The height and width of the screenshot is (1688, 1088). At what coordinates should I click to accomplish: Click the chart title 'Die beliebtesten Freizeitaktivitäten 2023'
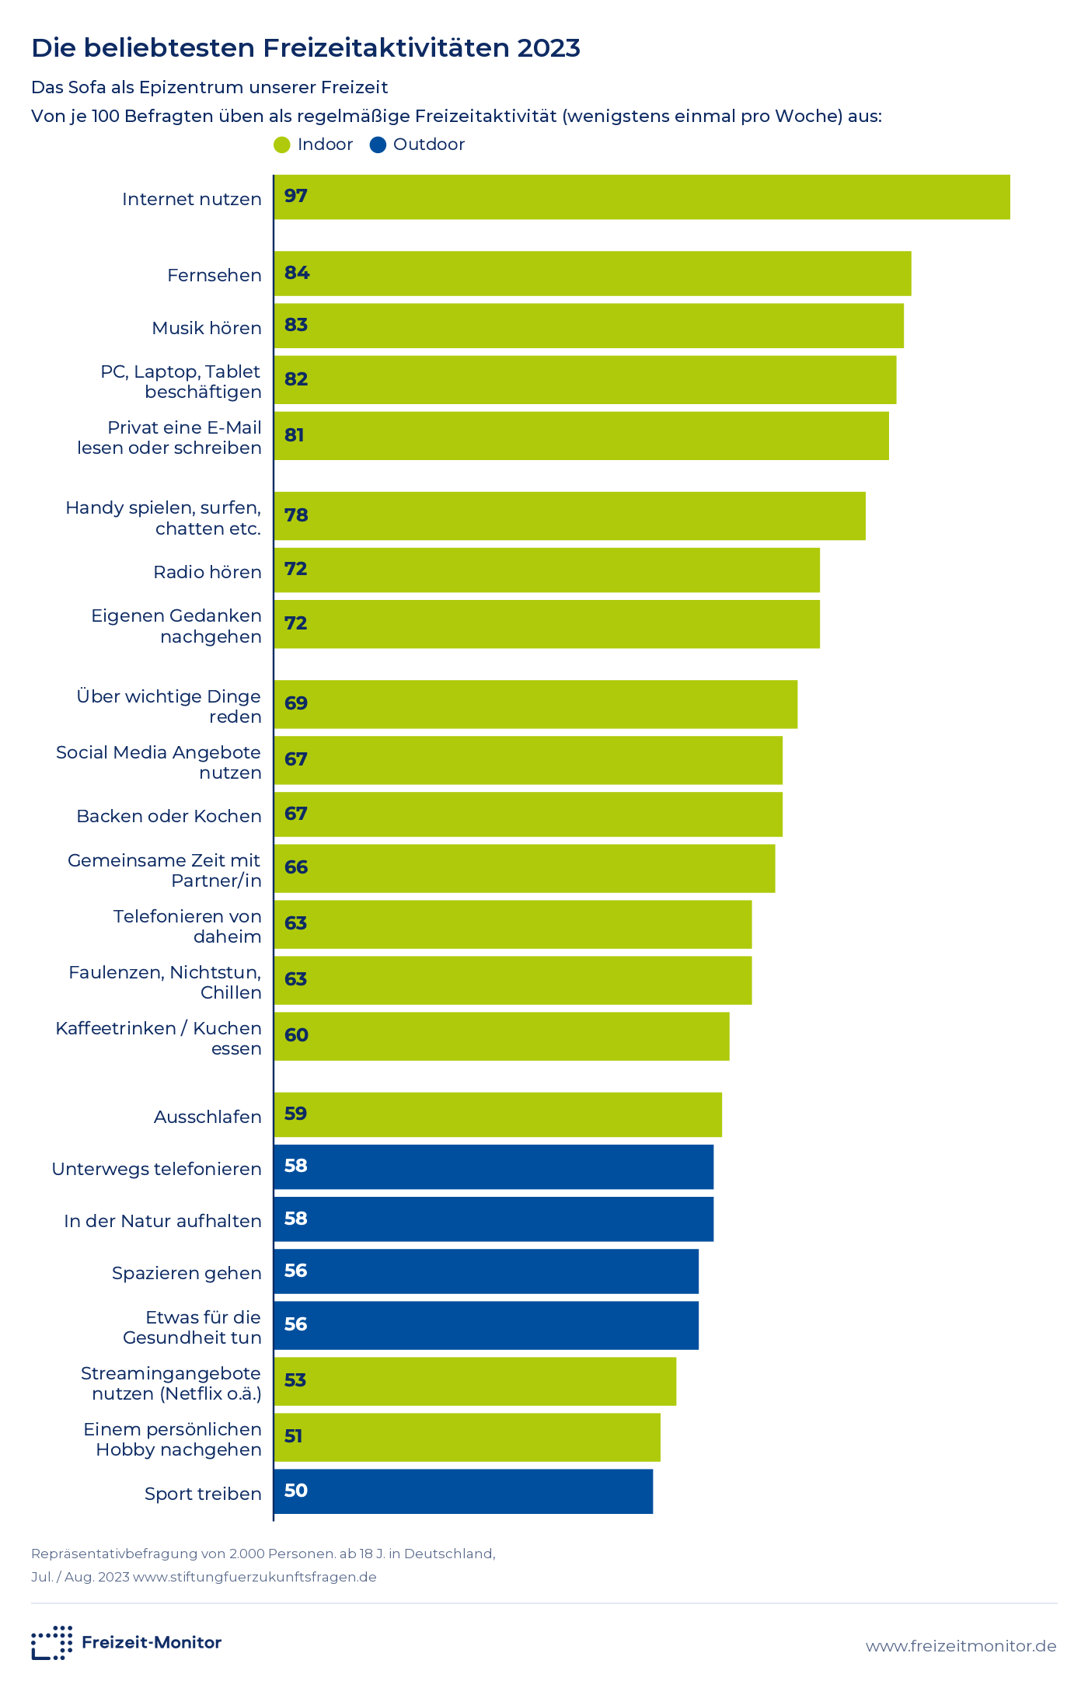click(x=305, y=48)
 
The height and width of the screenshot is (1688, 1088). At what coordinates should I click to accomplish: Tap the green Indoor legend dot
click(x=282, y=145)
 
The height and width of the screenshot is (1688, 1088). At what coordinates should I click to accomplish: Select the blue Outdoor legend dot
click(x=378, y=145)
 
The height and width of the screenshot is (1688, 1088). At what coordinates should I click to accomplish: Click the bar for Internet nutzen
click(x=642, y=197)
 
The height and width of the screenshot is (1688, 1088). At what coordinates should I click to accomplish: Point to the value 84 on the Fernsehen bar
click(x=297, y=273)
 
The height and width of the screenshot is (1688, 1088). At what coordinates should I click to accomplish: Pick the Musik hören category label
click(x=207, y=328)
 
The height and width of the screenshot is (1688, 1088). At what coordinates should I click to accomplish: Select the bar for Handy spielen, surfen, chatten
click(x=570, y=516)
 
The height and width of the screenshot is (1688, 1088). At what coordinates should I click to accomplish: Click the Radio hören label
click(x=207, y=572)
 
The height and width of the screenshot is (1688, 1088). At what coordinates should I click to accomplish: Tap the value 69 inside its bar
click(x=296, y=703)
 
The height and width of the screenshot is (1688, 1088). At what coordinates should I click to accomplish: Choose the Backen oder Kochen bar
click(x=528, y=814)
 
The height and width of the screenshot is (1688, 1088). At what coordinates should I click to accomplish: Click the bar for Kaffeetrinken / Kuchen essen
click(x=502, y=1036)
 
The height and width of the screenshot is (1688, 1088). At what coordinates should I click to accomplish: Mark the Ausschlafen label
click(x=207, y=1117)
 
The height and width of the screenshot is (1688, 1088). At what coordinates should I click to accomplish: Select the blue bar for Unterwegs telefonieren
click(x=493, y=1167)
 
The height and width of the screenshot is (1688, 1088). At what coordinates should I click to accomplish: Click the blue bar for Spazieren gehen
click(x=486, y=1271)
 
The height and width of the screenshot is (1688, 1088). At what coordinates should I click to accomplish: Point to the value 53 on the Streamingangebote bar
click(x=295, y=1380)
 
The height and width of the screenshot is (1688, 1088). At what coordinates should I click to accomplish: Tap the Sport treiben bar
click(x=463, y=1491)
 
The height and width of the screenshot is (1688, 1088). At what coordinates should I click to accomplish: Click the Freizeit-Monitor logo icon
click(x=52, y=1642)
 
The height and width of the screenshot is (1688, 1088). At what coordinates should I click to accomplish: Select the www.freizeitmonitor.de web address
click(x=961, y=1646)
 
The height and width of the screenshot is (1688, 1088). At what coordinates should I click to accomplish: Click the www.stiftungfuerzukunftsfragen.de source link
click(x=255, y=1577)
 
